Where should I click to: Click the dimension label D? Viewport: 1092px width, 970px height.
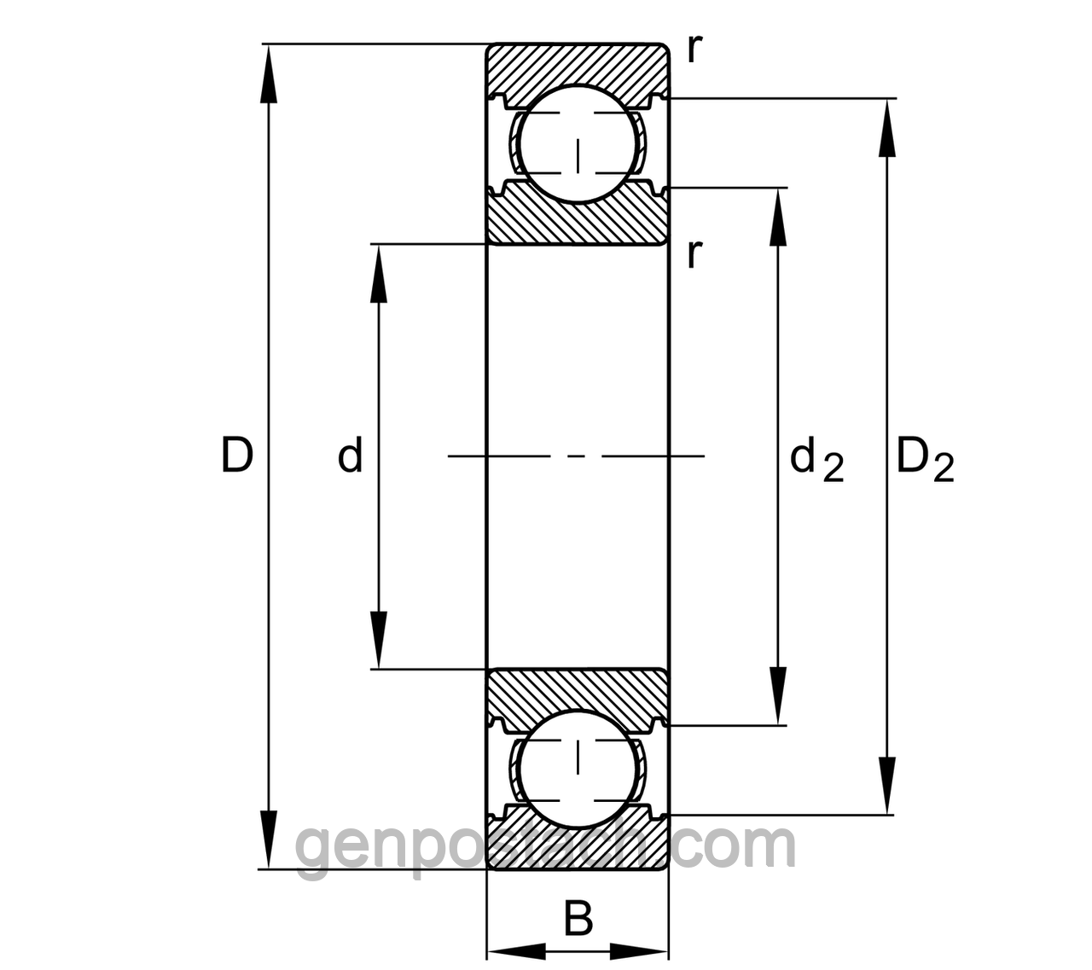pyautogui.click(x=237, y=456)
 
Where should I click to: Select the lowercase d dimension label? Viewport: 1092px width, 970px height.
pyautogui.click(x=350, y=455)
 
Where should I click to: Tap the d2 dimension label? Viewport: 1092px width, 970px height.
pyautogui.click(x=816, y=461)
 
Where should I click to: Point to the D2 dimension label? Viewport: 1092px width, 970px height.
pyautogui.click(x=925, y=461)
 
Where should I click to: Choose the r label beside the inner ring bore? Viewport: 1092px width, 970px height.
pyautogui.click(x=695, y=254)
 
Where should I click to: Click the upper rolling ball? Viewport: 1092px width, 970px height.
pyautogui.click(x=578, y=143)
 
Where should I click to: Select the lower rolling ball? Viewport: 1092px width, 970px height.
pyautogui.click(x=578, y=770)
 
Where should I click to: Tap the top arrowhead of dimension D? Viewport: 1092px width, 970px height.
pyautogui.click(x=269, y=73)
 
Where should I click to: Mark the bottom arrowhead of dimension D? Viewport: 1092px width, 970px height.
pyautogui.click(x=269, y=840)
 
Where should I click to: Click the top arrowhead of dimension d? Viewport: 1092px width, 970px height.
pyautogui.click(x=379, y=273)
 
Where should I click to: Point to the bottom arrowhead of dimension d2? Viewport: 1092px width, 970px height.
pyautogui.click(x=778, y=696)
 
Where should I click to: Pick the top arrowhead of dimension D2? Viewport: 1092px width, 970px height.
pyautogui.click(x=887, y=128)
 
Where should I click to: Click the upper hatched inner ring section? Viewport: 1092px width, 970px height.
pyautogui.click(x=578, y=221)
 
